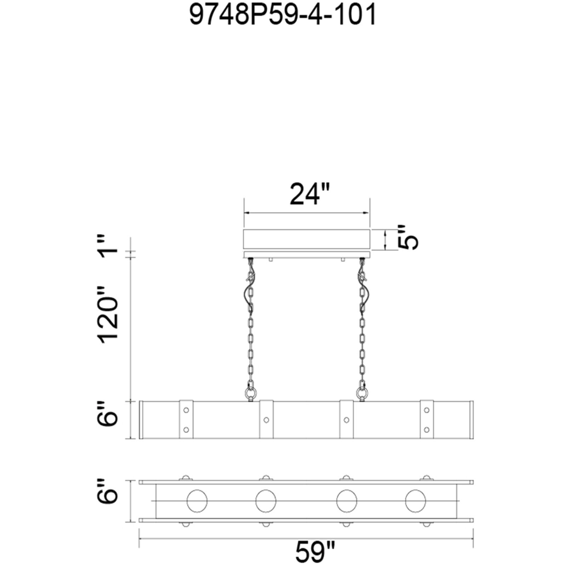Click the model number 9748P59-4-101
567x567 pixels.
pos(283,16)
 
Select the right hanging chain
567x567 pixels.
pos(362,322)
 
